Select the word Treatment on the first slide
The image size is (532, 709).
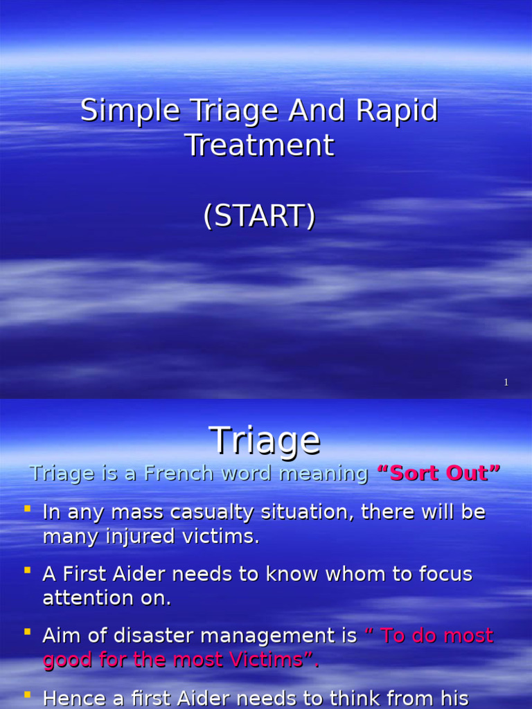[260, 146]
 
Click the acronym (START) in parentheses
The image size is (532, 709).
[260, 216]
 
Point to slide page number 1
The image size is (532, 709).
[506, 382]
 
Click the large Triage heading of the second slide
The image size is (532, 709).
[265, 440]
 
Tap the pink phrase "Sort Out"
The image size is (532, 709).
[438, 474]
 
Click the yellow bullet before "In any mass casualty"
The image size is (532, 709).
[28, 510]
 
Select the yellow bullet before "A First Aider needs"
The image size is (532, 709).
[28, 571]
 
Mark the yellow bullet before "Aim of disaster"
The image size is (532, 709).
[28, 632]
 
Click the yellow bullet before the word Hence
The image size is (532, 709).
[28, 694]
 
